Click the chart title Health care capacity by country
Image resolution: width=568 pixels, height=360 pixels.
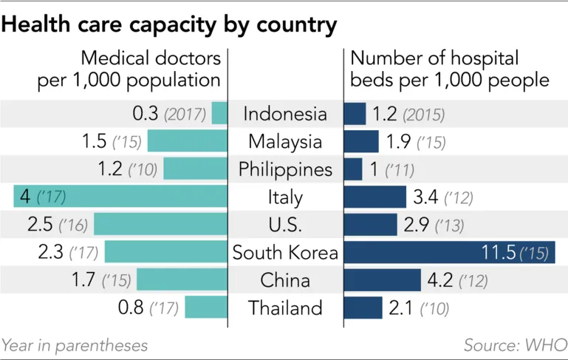(170, 24)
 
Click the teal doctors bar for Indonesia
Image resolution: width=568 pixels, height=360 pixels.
(219, 114)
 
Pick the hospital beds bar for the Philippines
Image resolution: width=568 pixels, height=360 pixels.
(353, 169)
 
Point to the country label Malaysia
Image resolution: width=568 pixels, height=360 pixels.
(285, 141)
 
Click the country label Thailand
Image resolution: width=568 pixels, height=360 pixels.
(285, 308)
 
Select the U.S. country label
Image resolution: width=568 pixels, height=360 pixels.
(285, 225)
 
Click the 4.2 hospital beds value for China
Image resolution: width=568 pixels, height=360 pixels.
(439, 280)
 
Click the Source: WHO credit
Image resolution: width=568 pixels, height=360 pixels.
(514, 345)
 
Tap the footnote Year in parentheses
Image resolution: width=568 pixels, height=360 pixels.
(75, 345)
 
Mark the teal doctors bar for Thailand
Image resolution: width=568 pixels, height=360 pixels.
(206, 308)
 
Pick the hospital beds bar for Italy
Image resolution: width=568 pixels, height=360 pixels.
(375, 197)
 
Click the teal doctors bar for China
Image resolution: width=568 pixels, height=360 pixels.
(182, 280)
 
